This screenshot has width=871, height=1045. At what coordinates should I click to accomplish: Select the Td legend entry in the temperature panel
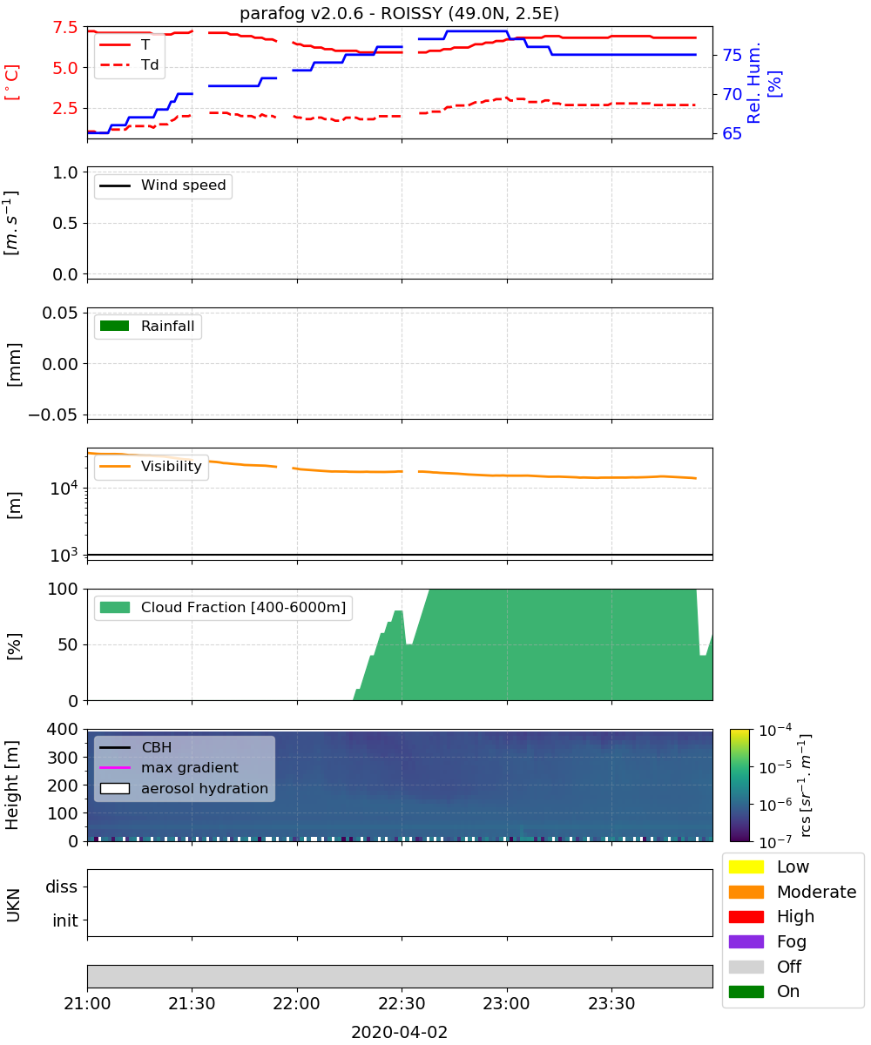tap(129, 64)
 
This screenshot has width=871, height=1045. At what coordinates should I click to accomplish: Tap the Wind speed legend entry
tap(163, 185)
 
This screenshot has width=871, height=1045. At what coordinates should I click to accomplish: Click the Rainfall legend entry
tap(147, 326)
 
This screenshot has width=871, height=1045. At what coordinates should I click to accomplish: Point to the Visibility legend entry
tap(150, 467)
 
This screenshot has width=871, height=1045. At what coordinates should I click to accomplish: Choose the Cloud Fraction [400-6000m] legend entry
tap(223, 607)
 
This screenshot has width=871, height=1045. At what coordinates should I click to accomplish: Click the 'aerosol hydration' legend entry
tap(184, 788)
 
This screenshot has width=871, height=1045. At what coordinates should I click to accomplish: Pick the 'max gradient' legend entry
tap(169, 767)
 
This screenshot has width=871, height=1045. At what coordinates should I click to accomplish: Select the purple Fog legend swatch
tap(746, 941)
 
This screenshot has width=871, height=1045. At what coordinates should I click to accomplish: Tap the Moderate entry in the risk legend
tap(793, 892)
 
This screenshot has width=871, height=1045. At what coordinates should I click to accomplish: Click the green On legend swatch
tap(746, 992)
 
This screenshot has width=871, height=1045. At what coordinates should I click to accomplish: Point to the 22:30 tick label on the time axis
tap(402, 1003)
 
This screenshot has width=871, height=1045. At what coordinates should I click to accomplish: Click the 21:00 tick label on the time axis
tap(87, 1003)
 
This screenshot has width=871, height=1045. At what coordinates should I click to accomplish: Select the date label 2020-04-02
tap(399, 1033)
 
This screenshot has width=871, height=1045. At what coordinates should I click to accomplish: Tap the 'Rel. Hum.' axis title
tap(753, 83)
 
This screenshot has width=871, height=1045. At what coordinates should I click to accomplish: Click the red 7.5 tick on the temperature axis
tap(65, 27)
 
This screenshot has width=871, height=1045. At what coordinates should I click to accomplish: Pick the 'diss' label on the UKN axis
tap(61, 887)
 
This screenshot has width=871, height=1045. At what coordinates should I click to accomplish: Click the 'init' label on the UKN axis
tap(65, 920)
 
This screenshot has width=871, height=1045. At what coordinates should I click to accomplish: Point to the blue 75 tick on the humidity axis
tap(732, 55)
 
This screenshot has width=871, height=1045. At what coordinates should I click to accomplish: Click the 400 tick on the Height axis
tap(63, 729)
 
